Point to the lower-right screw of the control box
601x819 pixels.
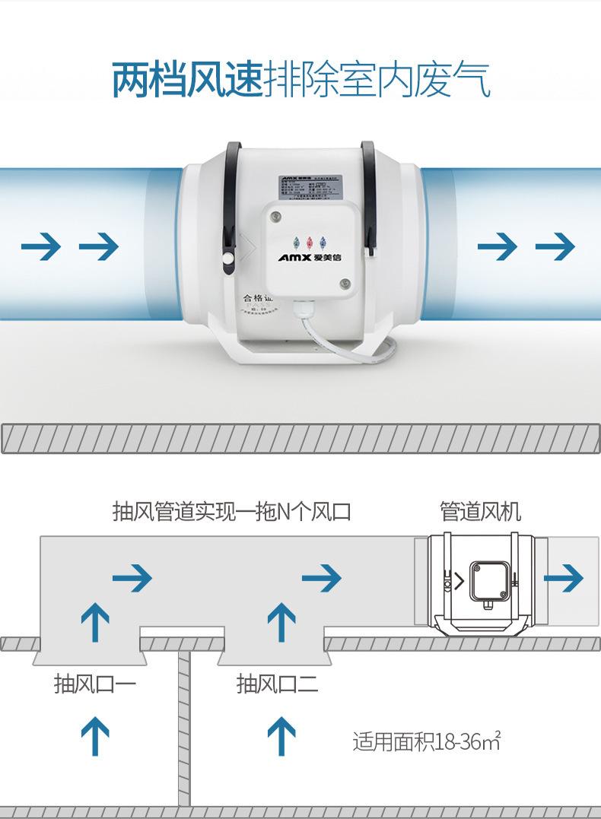click(345, 284)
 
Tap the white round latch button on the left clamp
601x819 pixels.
click(229, 260)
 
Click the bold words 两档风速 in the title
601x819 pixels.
click(187, 81)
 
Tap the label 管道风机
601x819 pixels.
click(480, 511)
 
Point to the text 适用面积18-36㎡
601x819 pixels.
click(427, 741)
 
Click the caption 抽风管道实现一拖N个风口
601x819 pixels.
click(231, 511)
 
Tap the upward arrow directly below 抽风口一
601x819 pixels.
click(94, 736)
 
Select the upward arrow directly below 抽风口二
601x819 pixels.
click(281, 736)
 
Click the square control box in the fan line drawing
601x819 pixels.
click(489, 580)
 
